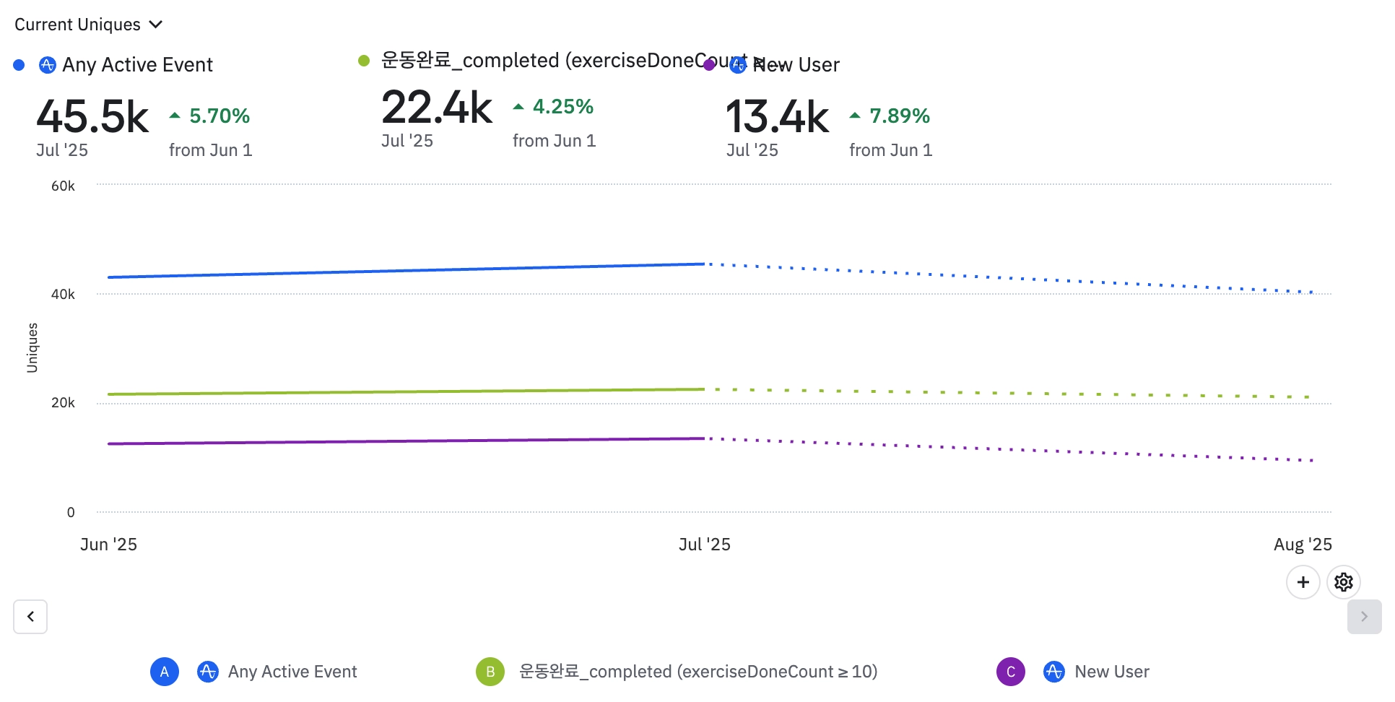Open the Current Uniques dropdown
click(x=88, y=25)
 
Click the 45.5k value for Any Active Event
click(x=92, y=117)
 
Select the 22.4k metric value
click(x=437, y=108)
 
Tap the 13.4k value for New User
click(x=777, y=117)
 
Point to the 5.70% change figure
click(x=219, y=116)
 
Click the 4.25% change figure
click(x=562, y=107)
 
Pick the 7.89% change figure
click(x=899, y=116)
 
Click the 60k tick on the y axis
click(x=63, y=186)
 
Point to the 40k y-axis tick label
click(x=63, y=295)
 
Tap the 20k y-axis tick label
click(x=63, y=403)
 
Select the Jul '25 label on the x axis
click(x=704, y=545)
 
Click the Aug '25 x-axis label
click(x=1303, y=545)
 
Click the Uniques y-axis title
click(x=32, y=347)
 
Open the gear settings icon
click(x=1343, y=582)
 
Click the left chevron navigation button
click(x=30, y=617)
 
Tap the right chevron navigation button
click(x=1364, y=617)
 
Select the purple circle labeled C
click(x=1010, y=672)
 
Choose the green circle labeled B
click(x=490, y=672)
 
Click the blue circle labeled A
click(x=165, y=672)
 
